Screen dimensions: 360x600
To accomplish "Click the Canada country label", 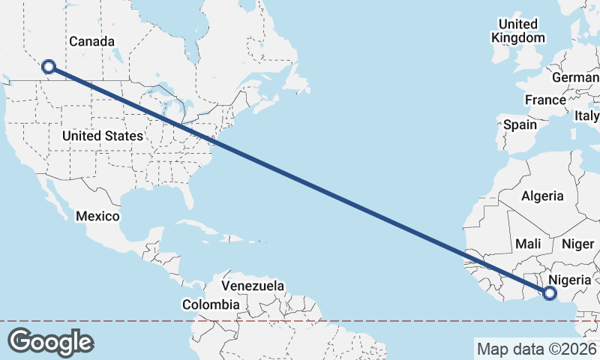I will (x=92, y=41).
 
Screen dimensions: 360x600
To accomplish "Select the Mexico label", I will (x=97, y=216).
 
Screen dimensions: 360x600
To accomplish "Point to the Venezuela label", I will (x=253, y=286).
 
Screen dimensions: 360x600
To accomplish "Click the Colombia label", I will (x=211, y=304).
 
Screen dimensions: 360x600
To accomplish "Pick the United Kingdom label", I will (x=518, y=31).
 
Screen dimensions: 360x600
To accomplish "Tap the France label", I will (x=545, y=100).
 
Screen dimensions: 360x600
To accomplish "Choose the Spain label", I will (x=520, y=124).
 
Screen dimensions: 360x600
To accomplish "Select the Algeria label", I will (x=542, y=196).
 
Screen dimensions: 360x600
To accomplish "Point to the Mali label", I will (x=528, y=244).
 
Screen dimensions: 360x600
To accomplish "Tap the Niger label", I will (x=577, y=244).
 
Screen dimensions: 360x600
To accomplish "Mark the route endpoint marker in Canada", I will (x=49, y=67).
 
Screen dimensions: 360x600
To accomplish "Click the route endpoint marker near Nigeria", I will (x=549, y=293).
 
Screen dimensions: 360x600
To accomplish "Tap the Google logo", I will (x=50, y=341).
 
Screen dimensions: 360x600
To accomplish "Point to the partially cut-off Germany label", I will (x=576, y=77).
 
